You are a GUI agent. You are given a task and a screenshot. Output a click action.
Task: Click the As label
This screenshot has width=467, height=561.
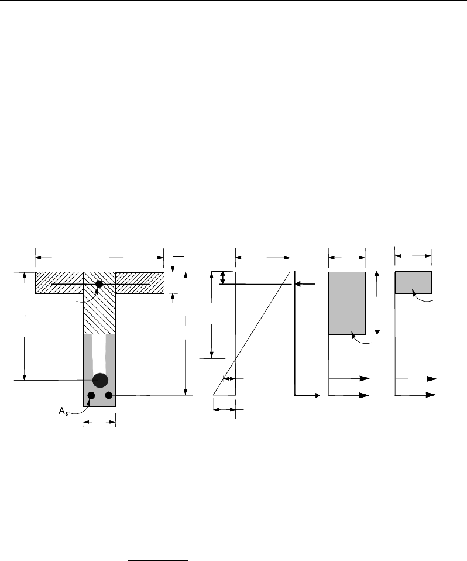click(x=63, y=412)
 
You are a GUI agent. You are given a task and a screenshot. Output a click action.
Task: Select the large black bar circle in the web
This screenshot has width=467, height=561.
click(x=100, y=380)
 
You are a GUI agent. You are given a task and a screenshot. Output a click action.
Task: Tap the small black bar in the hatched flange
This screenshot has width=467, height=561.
click(x=99, y=284)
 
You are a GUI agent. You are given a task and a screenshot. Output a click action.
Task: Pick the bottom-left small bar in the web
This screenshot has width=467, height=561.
click(x=91, y=395)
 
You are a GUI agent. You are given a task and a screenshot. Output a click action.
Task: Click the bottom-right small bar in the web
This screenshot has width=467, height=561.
click(x=109, y=395)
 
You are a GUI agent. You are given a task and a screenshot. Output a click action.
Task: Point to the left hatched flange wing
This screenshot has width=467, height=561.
click(x=59, y=283)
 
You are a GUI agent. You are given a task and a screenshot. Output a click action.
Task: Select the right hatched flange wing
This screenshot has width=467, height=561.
click(x=140, y=283)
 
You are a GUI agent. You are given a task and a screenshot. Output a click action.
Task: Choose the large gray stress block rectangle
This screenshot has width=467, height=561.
click(x=347, y=303)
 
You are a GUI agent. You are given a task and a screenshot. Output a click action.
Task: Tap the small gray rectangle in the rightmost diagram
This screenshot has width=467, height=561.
click(x=413, y=282)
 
